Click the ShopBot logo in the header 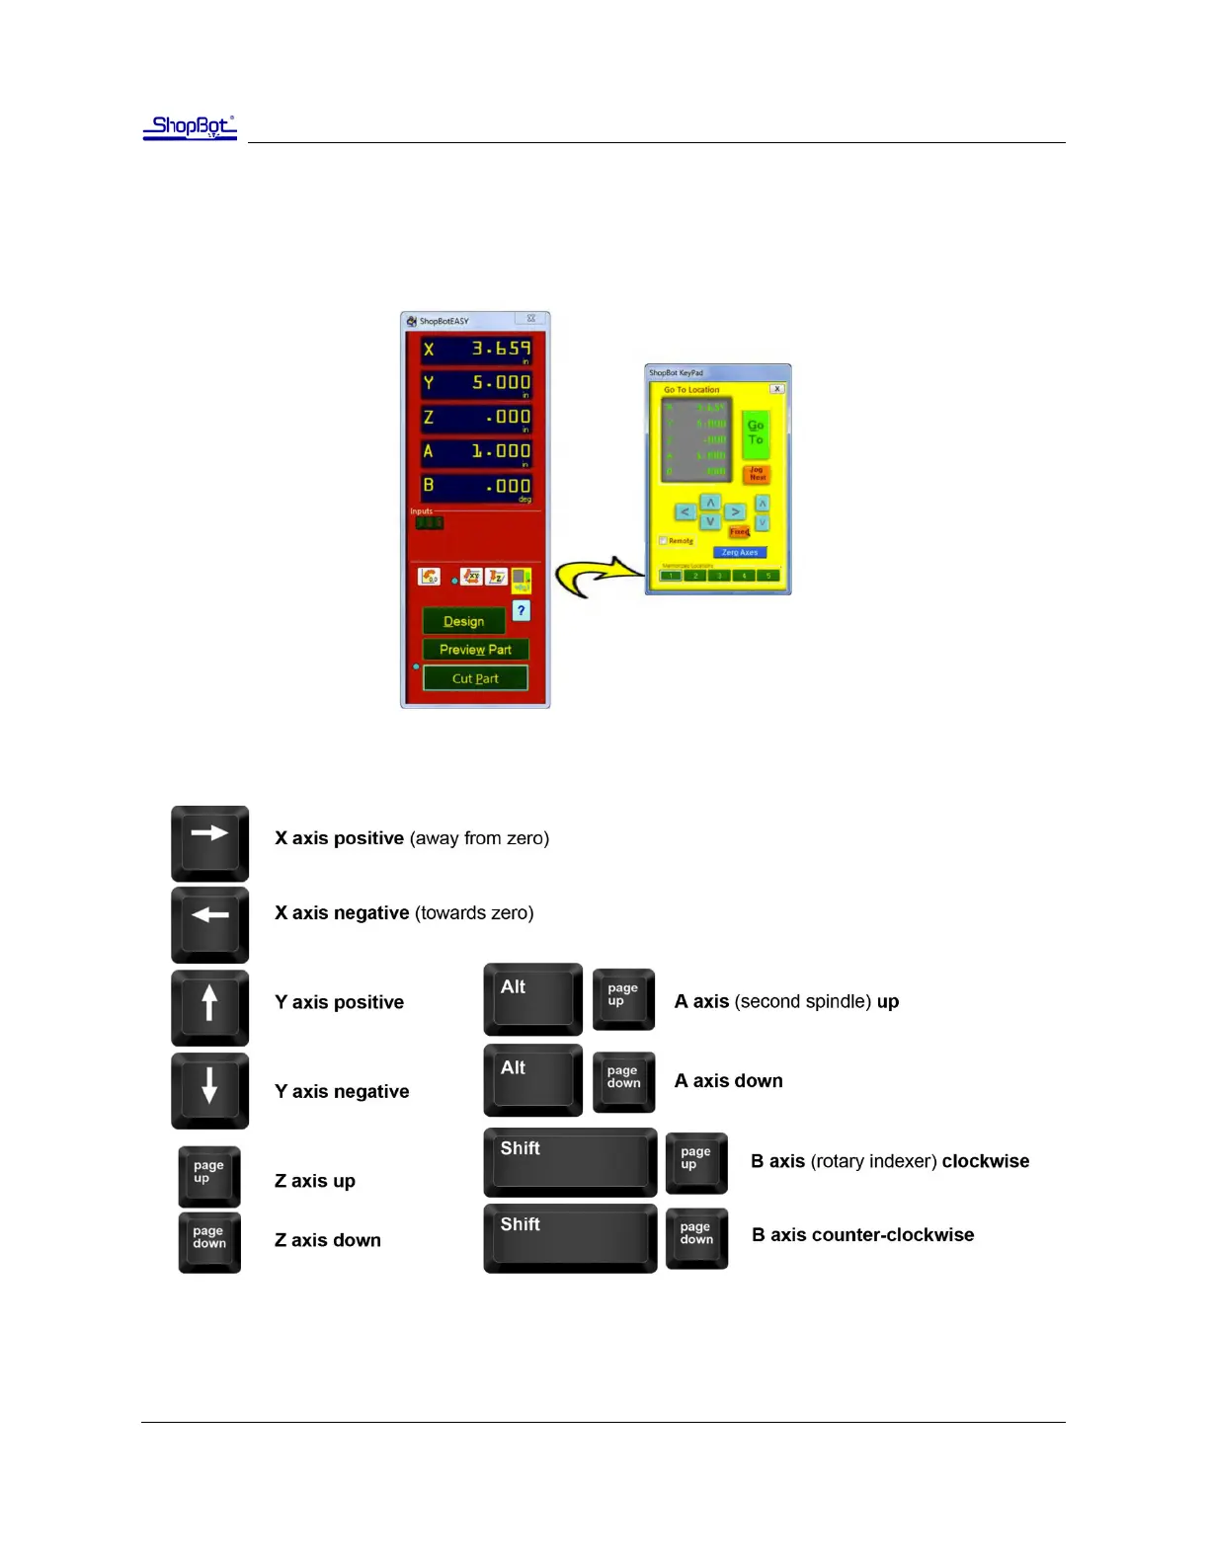(191, 127)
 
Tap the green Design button (463, 621)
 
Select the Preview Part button (475, 650)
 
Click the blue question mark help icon (521, 611)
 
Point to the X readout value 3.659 (500, 349)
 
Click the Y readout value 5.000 (500, 383)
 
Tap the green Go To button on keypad (756, 432)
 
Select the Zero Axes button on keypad (740, 553)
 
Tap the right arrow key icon (209, 842)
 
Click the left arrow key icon (209, 924)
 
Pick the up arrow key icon (209, 1007)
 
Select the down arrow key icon (209, 1090)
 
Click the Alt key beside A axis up (532, 999)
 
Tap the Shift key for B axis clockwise (569, 1162)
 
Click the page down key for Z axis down (209, 1241)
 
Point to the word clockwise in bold (985, 1161)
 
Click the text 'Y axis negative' (342, 1091)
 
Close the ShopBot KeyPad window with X (777, 389)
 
